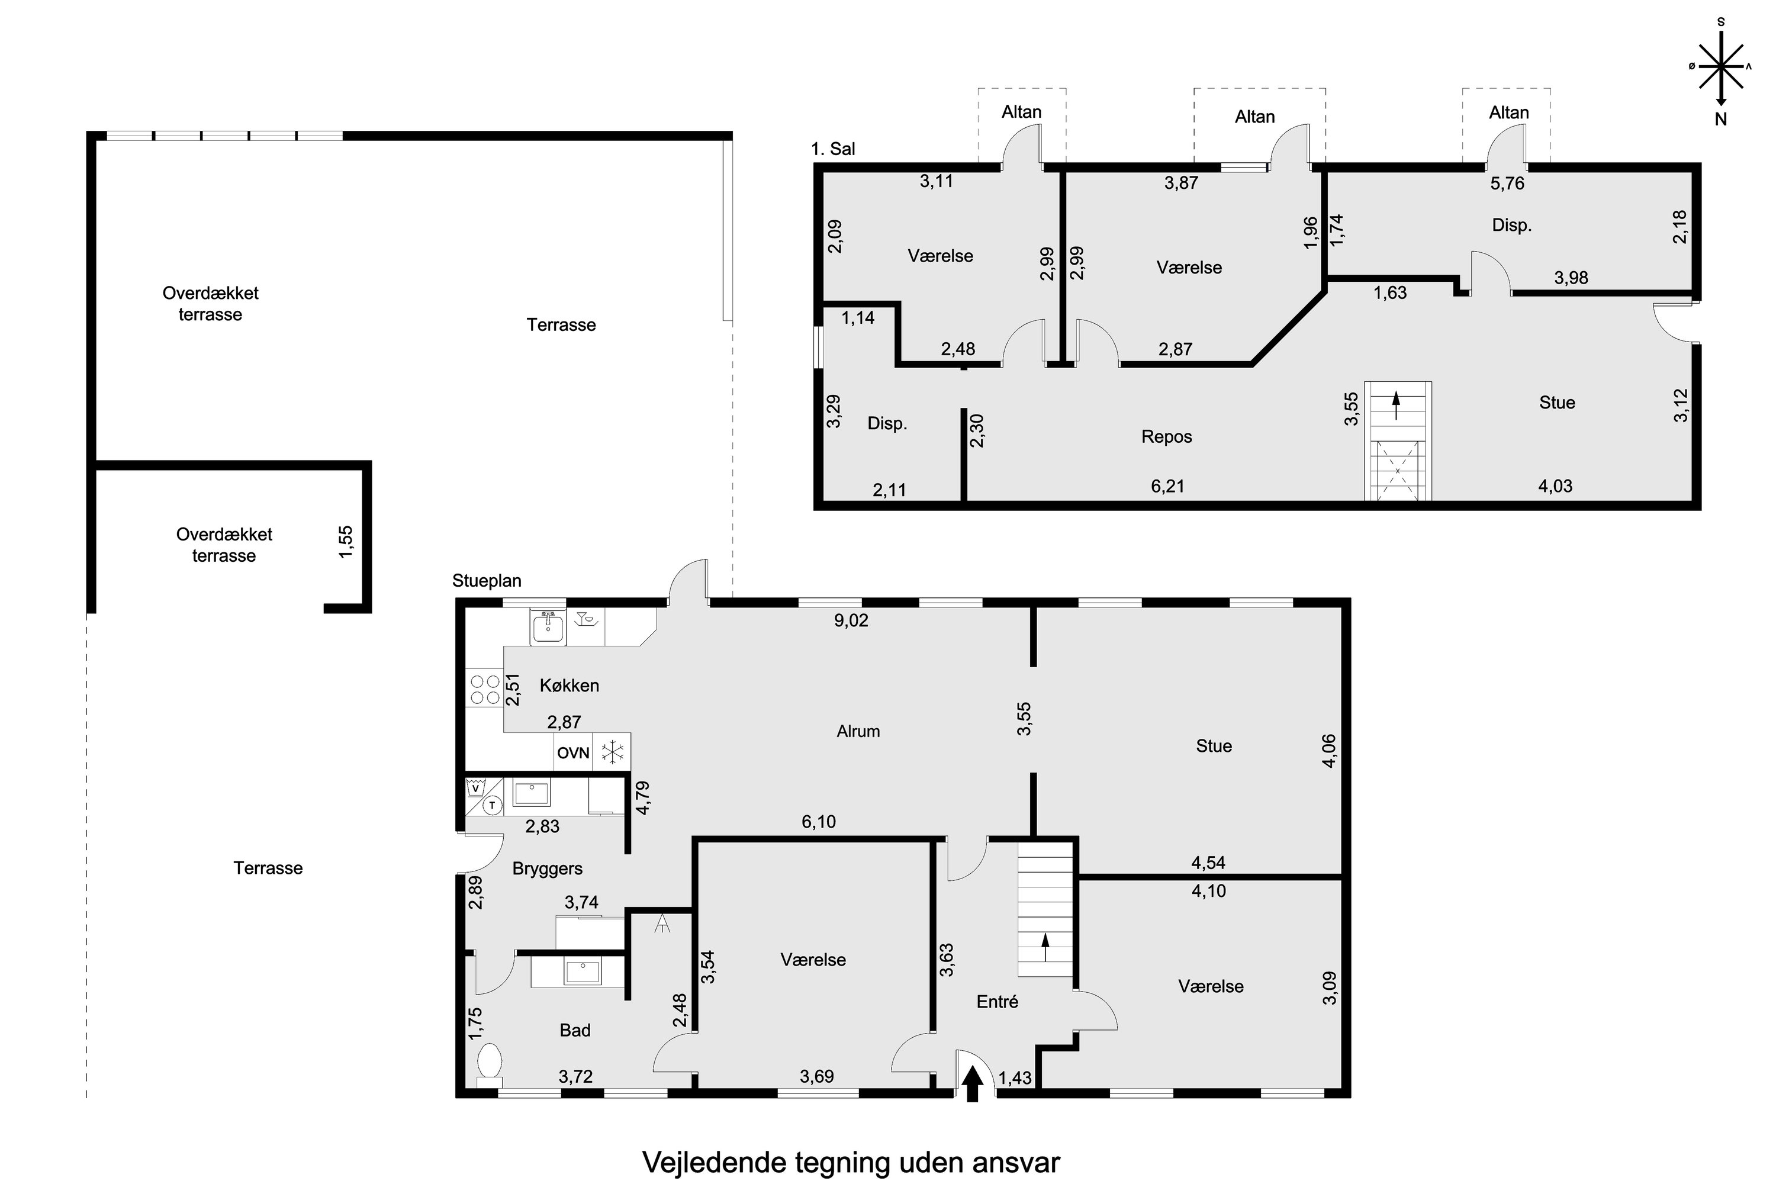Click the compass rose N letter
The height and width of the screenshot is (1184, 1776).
click(x=1721, y=118)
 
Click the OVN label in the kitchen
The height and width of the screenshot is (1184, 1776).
click(x=573, y=753)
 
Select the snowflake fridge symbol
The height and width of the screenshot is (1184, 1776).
click(x=612, y=752)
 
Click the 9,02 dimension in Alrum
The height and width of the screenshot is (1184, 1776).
click(x=851, y=620)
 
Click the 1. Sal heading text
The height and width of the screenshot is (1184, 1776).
click(x=833, y=149)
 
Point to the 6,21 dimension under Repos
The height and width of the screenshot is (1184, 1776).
click(x=1167, y=486)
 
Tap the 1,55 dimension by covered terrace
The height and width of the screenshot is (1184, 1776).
click(x=345, y=542)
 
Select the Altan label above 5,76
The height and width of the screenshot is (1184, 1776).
click(x=1508, y=112)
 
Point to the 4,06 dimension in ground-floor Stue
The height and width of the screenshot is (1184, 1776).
click(x=1330, y=751)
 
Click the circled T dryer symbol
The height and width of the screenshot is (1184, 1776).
click(x=493, y=806)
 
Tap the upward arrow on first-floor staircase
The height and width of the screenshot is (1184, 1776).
click(x=1396, y=405)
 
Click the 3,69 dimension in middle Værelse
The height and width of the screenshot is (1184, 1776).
click(x=816, y=1076)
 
